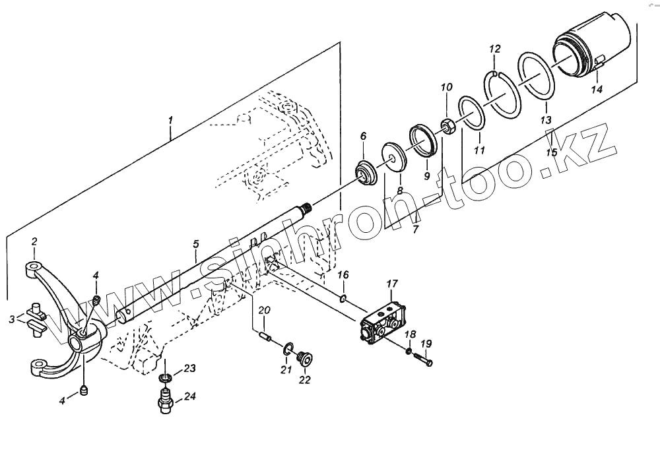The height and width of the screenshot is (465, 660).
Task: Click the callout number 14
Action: pos(597,89)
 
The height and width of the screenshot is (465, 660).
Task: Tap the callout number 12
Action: pos(495,49)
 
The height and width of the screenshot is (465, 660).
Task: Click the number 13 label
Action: pos(545,121)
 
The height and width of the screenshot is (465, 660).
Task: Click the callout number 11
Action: pos(480,150)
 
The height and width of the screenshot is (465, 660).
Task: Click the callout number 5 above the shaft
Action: pos(196,245)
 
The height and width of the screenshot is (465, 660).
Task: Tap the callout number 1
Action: pos(170,121)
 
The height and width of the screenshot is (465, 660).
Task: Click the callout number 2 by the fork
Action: pos(34,241)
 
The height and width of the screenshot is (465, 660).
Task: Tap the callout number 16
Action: pos(343,274)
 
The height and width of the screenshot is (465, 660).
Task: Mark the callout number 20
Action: pos(264,311)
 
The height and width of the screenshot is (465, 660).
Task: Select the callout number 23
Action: pos(190,369)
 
